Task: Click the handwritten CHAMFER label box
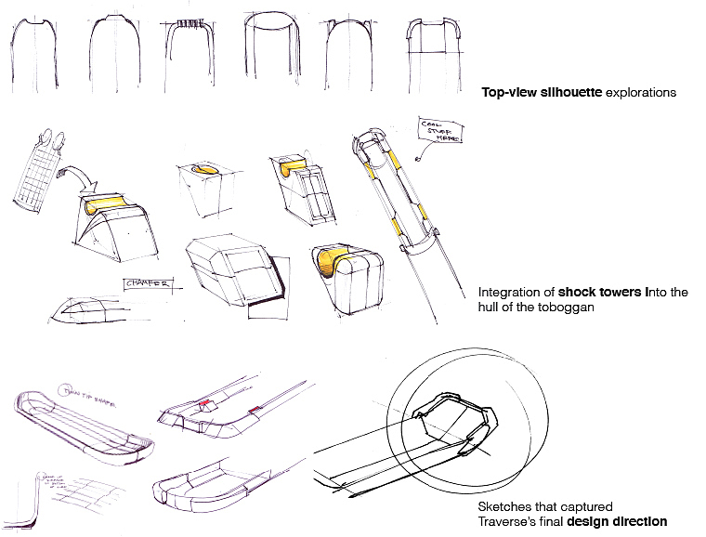[146, 284]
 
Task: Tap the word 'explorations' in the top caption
[640, 93]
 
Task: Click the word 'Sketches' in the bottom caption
[503, 508]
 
